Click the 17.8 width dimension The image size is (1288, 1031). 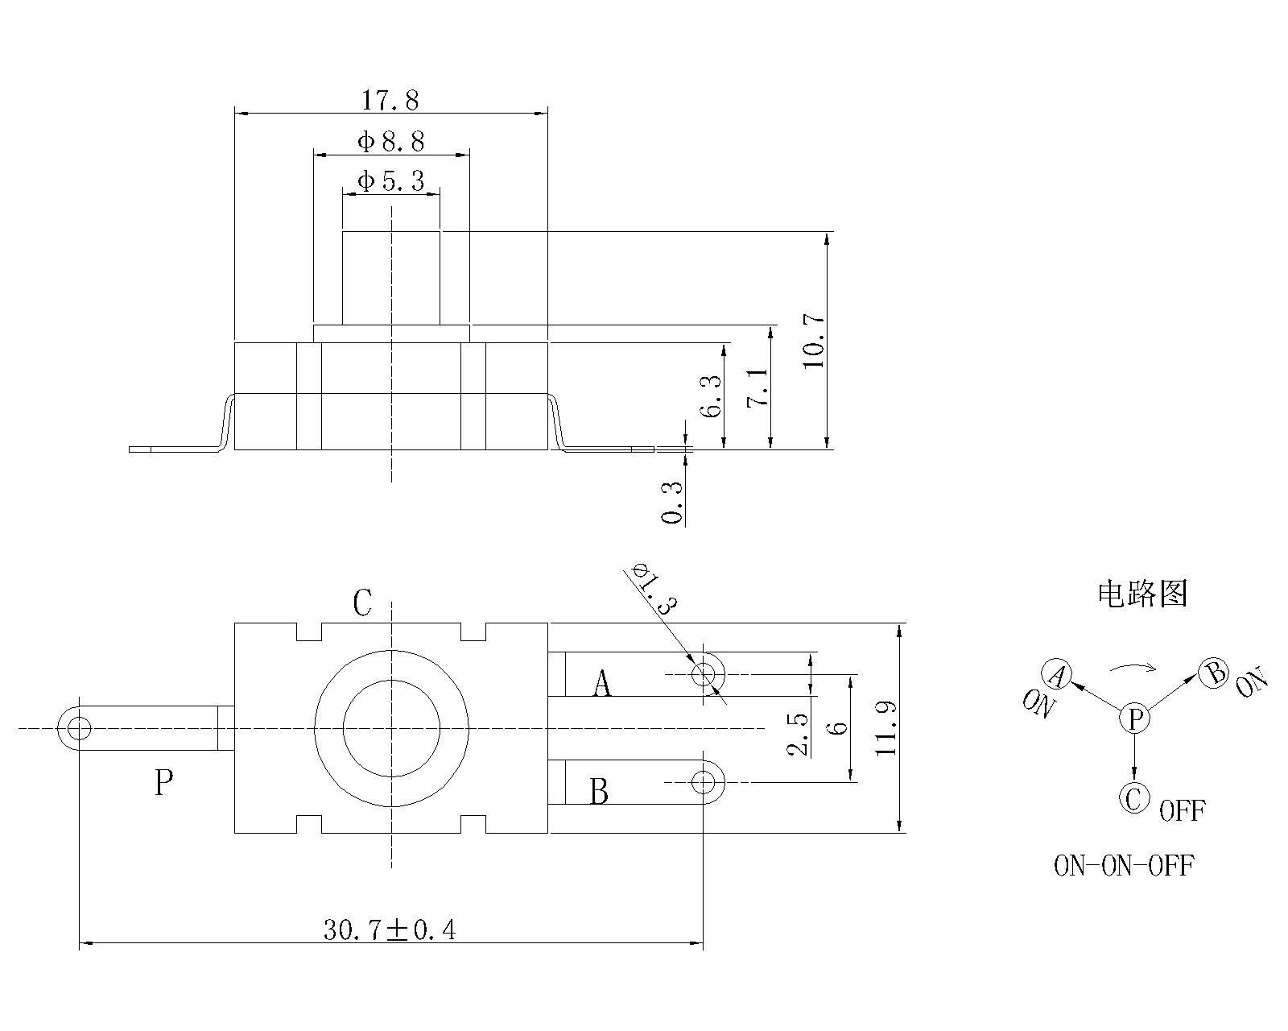(x=390, y=101)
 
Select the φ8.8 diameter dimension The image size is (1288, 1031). (x=390, y=142)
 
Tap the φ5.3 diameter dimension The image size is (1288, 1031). (x=390, y=180)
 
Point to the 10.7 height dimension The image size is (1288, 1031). (x=814, y=340)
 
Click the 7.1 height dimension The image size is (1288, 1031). (x=758, y=387)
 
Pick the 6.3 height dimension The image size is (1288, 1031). (x=711, y=396)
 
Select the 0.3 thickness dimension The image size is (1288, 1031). (x=672, y=502)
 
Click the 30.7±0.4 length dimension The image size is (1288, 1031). (x=390, y=930)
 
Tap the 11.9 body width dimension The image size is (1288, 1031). (x=886, y=727)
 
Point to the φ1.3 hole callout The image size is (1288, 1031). (x=654, y=588)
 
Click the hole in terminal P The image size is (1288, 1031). (x=79, y=729)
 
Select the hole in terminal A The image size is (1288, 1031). (x=704, y=673)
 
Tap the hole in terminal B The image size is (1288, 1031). (x=704, y=781)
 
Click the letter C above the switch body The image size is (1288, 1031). (x=363, y=602)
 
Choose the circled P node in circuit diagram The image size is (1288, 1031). (x=1134, y=718)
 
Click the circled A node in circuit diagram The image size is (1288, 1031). (x=1056, y=673)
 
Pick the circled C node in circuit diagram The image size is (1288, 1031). (x=1133, y=799)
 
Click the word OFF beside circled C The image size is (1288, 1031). (x=1182, y=810)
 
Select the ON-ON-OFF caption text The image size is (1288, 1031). (x=1124, y=866)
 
